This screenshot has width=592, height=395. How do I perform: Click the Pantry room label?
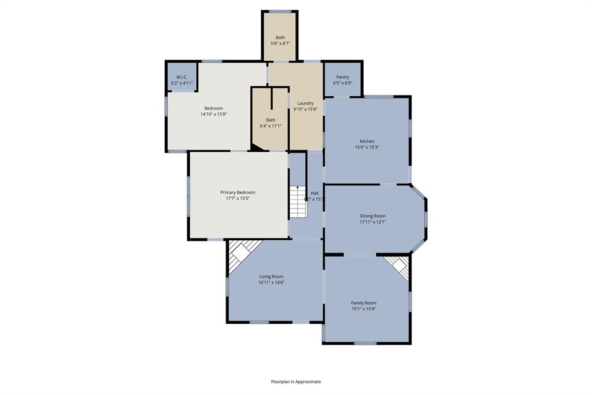[x=342, y=77]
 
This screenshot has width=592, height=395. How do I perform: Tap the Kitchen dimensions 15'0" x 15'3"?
[x=367, y=147]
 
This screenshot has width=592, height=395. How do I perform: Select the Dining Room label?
[x=372, y=216]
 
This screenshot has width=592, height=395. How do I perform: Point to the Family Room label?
[x=364, y=303]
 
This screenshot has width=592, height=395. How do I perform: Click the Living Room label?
[x=271, y=277]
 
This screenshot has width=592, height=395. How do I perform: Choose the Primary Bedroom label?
[x=237, y=192]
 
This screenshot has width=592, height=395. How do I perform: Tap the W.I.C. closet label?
[x=182, y=78]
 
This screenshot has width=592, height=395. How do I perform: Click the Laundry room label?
[x=305, y=103]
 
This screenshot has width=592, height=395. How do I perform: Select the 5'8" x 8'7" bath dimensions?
[x=280, y=43]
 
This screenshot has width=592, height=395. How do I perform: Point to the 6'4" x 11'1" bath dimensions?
[x=271, y=126]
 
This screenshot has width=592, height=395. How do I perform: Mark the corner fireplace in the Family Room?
[x=398, y=266]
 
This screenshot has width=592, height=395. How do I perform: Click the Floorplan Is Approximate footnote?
[x=296, y=382]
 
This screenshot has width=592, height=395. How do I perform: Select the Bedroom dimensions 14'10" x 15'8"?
[x=213, y=114]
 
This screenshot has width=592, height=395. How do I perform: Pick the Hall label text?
[x=314, y=193]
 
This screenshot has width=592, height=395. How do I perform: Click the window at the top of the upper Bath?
[x=280, y=11]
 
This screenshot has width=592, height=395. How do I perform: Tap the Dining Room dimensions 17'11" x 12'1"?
[x=372, y=222]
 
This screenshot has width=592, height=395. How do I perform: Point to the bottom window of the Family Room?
[x=365, y=343]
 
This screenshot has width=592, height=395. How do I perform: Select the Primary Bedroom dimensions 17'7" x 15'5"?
[x=237, y=198]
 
